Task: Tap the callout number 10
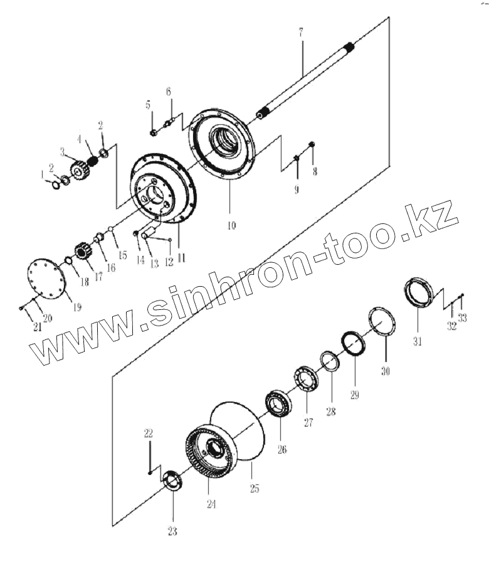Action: pos(231,225)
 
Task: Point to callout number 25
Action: pos(255,488)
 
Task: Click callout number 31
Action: pos(418,341)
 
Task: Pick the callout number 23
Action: pos(172,532)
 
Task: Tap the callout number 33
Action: pos(463,318)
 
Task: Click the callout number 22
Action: pos(148,433)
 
